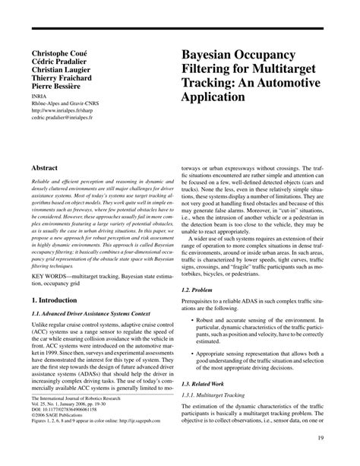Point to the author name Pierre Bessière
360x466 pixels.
tap(61, 97)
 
